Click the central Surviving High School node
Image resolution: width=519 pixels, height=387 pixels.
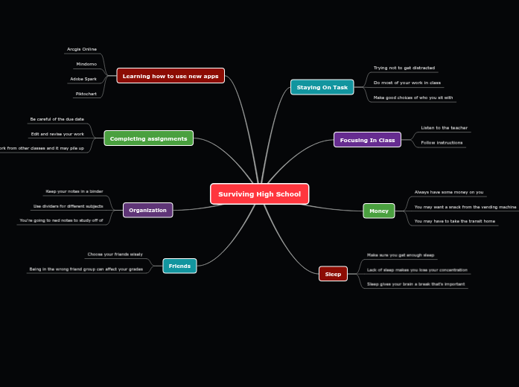click(259, 193)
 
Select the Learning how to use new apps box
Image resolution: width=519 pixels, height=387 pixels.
click(171, 76)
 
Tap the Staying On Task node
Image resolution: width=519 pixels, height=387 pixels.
click(322, 87)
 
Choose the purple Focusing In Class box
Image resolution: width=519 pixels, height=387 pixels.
click(367, 140)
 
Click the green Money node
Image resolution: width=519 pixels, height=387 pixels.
click(378, 211)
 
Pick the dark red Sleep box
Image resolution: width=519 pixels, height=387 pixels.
click(333, 274)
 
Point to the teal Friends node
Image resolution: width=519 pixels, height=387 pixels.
click(179, 266)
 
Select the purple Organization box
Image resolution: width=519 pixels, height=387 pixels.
click(147, 210)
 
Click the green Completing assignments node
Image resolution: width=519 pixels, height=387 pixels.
click(148, 138)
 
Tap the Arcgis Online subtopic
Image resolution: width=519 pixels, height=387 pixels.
click(82, 49)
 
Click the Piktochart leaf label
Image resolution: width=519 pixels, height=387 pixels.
click(86, 94)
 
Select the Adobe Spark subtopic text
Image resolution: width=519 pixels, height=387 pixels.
click(83, 79)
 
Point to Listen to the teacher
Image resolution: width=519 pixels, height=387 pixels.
click(444, 128)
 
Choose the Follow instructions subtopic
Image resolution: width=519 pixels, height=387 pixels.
click(442, 142)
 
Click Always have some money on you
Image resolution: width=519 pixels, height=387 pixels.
click(449, 192)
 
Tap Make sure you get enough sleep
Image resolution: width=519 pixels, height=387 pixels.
click(401, 255)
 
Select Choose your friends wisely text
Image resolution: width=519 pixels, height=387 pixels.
click(115, 255)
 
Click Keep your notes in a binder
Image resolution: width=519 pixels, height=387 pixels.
click(74, 191)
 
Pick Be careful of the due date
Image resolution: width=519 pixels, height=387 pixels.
click(57, 119)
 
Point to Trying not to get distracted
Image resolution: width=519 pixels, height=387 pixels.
click(404, 68)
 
